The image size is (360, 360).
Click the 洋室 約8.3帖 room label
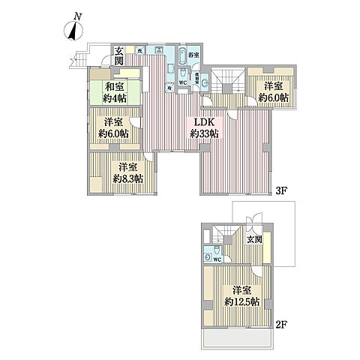tap(126, 172)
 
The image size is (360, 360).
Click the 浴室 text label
tap(193, 55)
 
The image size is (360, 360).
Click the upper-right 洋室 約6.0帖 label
tap(270, 91)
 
